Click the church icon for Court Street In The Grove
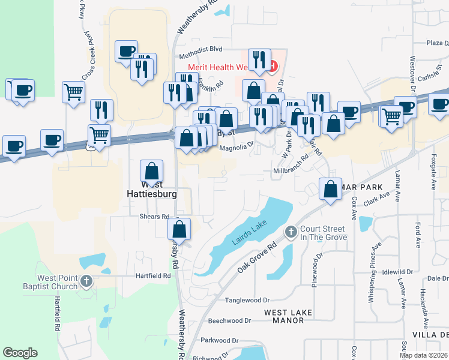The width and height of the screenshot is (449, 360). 291,232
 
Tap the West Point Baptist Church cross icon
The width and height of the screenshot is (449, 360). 86,281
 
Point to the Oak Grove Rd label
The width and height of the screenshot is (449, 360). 256,257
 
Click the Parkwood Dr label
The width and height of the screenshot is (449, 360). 220,340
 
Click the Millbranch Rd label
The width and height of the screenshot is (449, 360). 291,171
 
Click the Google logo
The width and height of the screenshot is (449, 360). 20,353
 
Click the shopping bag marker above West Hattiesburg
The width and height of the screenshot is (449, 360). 152,171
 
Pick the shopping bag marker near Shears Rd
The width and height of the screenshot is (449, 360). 179,229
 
